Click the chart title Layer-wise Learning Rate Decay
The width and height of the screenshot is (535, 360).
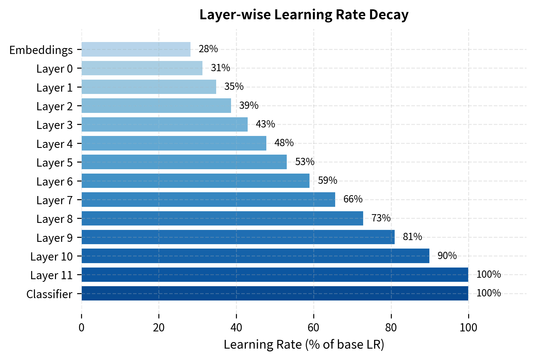pos(304,15)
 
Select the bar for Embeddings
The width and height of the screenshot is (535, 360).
pos(136,49)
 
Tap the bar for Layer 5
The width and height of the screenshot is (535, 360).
pos(184,162)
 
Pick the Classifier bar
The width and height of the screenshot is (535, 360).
pos(275,293)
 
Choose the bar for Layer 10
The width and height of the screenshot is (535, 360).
pos(255,256)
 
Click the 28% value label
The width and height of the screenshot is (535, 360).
pos(208,49)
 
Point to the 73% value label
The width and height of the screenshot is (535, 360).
pos(381,218)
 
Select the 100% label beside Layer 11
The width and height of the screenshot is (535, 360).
pos(488,275)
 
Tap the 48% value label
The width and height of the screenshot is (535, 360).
pos(284,143)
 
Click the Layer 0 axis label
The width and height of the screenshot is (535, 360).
pos(55,69)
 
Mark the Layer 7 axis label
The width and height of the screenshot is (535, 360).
pos(55,200)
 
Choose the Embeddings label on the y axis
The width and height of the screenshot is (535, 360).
pos(41,50)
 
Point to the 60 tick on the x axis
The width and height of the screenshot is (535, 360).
pos(314,328)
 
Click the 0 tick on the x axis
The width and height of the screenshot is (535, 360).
pos(81,328)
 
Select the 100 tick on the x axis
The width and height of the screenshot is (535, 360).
pos(468,328)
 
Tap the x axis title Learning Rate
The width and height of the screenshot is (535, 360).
pos(304,345)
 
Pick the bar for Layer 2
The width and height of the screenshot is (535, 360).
pos(156,106)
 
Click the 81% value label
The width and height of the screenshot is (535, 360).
pos(412,237)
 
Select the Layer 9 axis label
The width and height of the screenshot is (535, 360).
pos(55,238)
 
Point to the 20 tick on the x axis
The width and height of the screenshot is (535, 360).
pos(159,328)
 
